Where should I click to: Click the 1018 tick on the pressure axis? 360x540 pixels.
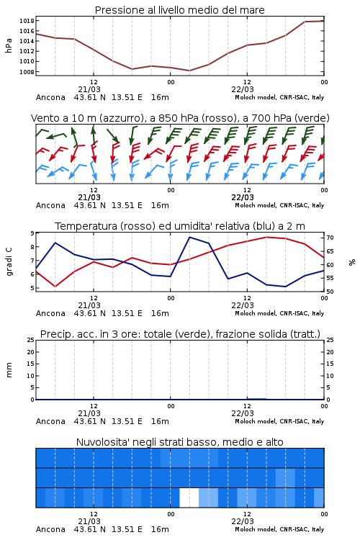click(27, 21)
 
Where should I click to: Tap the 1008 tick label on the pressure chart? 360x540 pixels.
click(27, 72)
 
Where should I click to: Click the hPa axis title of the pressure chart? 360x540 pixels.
click(9, 45)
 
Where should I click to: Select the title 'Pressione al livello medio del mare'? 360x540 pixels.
click(180, 10)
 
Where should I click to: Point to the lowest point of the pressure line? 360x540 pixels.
click(189, 71)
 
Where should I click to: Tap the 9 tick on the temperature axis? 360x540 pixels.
click(32, 233)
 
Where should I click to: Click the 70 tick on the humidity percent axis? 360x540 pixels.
click(330, 238)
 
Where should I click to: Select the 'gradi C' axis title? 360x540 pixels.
click(9, 261)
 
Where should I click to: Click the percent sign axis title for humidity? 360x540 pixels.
click(352, 262)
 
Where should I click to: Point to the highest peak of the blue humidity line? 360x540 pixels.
click(190, 237)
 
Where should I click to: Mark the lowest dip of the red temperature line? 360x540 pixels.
click(55, 287)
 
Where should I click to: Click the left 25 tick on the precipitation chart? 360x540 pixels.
click(31, 340)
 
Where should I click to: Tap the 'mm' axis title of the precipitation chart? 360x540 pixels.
click(9, 370)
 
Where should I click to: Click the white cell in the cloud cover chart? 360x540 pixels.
click(189, 498)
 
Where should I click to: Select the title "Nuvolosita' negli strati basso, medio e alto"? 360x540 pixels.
click(180, 442)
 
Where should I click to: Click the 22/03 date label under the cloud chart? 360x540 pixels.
click(243, 521)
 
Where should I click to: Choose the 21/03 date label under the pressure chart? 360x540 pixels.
click(89, 89)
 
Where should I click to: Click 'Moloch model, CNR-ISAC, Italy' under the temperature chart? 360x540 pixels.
click(279, 313)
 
